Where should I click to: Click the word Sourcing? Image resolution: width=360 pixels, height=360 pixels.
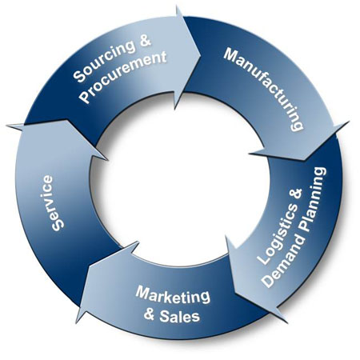coord(104,61)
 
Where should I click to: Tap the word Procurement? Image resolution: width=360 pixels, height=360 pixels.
coord(122,77)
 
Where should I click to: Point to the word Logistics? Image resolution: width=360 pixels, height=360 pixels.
coord(276,234)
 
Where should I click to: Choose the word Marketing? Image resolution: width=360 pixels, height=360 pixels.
coord(173,295)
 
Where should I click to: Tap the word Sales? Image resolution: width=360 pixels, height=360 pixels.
coord(179,316)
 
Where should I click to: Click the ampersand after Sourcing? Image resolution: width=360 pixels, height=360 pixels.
coord(145,42)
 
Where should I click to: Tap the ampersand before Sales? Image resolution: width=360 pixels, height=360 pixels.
coord(150,314)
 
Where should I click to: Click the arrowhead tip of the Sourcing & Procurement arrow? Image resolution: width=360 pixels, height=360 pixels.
coord(201,55)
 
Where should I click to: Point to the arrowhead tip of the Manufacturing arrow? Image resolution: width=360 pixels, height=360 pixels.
coord(305,160)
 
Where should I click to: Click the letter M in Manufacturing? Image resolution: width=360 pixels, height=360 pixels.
coord(230,54)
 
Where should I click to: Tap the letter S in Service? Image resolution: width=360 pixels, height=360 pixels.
coord(57,226)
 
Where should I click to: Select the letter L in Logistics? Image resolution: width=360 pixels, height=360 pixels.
coord(262,259)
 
